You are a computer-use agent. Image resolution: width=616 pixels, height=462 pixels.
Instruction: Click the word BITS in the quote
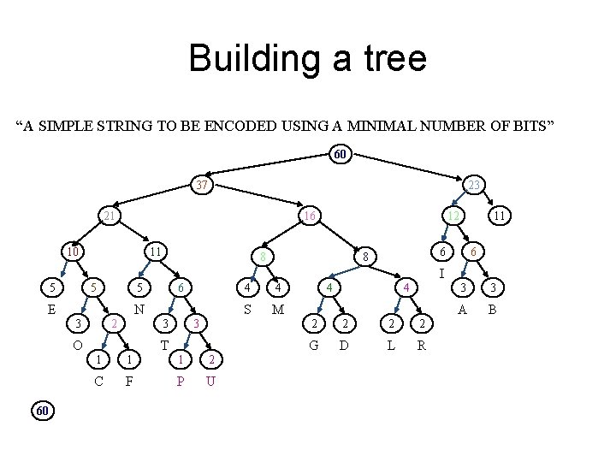click(532, 127)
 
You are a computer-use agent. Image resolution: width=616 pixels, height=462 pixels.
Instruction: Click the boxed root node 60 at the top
click(340, 155)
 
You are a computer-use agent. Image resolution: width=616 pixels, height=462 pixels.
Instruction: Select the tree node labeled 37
click(201, 185)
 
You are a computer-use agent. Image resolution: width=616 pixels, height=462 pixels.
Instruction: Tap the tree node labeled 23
click(473, 185)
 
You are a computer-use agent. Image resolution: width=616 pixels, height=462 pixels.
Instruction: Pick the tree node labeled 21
click(109, 216)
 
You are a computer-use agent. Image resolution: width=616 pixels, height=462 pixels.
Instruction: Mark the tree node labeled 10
click(74, 252)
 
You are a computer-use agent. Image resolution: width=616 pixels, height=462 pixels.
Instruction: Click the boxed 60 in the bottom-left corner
click(44, 412)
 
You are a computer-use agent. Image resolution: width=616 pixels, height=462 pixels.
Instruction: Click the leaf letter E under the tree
click(52, 310)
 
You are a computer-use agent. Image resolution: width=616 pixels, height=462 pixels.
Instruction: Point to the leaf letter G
click(314, 345)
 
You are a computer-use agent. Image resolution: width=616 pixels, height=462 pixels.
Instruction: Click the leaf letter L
click(390, 345)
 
